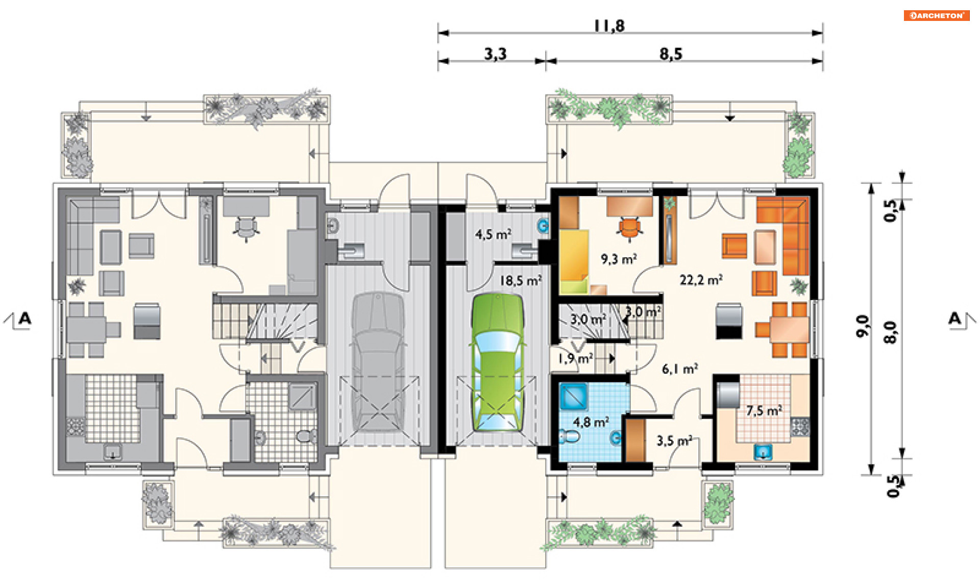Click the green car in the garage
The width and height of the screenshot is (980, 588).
coord(497,362)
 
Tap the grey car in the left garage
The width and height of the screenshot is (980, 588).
coord(378,361)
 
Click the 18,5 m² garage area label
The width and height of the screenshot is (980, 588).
coord(520,280)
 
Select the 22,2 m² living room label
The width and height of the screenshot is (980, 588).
coord(701,280)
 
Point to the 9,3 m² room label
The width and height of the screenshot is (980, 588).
coord(619,259)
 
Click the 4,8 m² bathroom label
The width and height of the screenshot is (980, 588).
coord(591,422)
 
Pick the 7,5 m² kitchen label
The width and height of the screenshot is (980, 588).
coord(764,410)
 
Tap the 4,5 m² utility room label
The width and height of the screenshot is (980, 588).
coord(493,234)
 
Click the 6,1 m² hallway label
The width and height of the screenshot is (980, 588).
coord(680,369)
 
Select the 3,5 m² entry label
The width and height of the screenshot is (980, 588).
coord(674,440)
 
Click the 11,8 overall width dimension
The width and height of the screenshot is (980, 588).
coord(609,26)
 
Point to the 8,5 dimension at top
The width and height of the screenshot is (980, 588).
coord(671,54)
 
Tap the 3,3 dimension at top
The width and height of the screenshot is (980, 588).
coord(495,54)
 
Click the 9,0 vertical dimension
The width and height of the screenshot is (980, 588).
coord(862,326)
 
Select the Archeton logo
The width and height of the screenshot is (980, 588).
coord(937,15)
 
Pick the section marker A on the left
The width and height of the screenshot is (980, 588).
coord(24,319)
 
